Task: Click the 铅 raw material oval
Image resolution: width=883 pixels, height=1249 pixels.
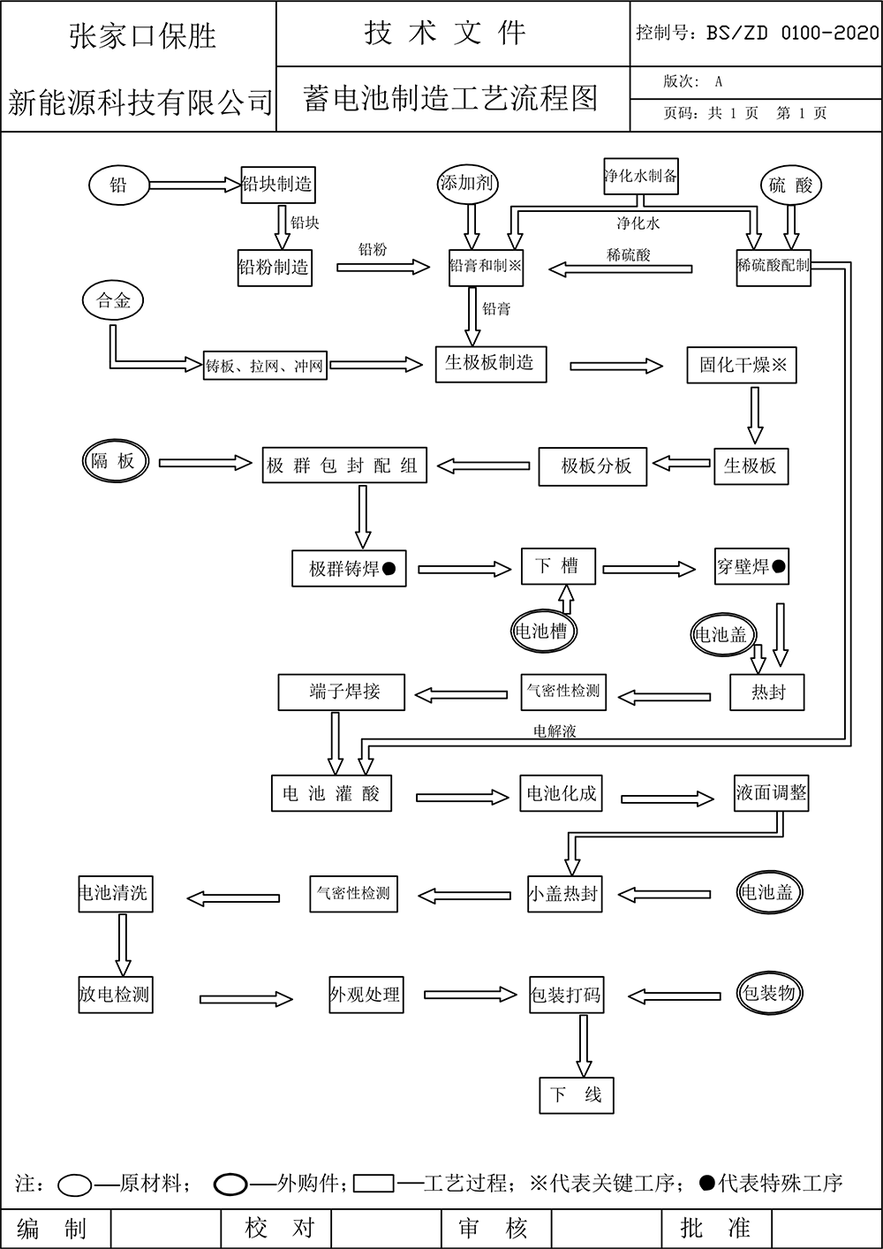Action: (x=118, y=185)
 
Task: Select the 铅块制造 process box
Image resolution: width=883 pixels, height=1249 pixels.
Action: (x=277, y=185)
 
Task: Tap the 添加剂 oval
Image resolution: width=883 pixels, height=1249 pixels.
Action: (x=467, y=184)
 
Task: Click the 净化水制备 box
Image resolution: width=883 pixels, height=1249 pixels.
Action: (x=641, y=176)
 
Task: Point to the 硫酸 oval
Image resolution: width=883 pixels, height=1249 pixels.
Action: (x=790, y=185)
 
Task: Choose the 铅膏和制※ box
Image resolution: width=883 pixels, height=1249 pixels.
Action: (x=486, y=266)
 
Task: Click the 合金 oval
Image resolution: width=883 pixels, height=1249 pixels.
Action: (x=113, y=301)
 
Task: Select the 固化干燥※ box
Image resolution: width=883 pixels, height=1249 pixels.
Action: (x=742, y=365)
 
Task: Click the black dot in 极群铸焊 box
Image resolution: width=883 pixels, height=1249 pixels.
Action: (x=389, y=569)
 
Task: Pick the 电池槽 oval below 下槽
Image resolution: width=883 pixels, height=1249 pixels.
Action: (x=540, y=631)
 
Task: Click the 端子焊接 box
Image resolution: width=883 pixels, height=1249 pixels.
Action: (x=342, y=692)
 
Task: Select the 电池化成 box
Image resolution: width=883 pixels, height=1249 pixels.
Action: (x=562, y=793)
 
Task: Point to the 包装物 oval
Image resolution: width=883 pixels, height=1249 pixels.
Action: (x=769, y=993)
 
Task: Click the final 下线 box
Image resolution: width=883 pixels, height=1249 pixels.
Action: (x=576, y=1095)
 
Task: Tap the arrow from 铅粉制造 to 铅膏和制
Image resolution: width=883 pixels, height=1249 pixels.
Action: (x=381, y=266)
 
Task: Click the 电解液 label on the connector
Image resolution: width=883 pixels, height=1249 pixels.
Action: (x=555, y=731)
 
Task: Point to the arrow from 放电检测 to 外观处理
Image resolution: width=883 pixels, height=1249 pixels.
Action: (x=245, y=999)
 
